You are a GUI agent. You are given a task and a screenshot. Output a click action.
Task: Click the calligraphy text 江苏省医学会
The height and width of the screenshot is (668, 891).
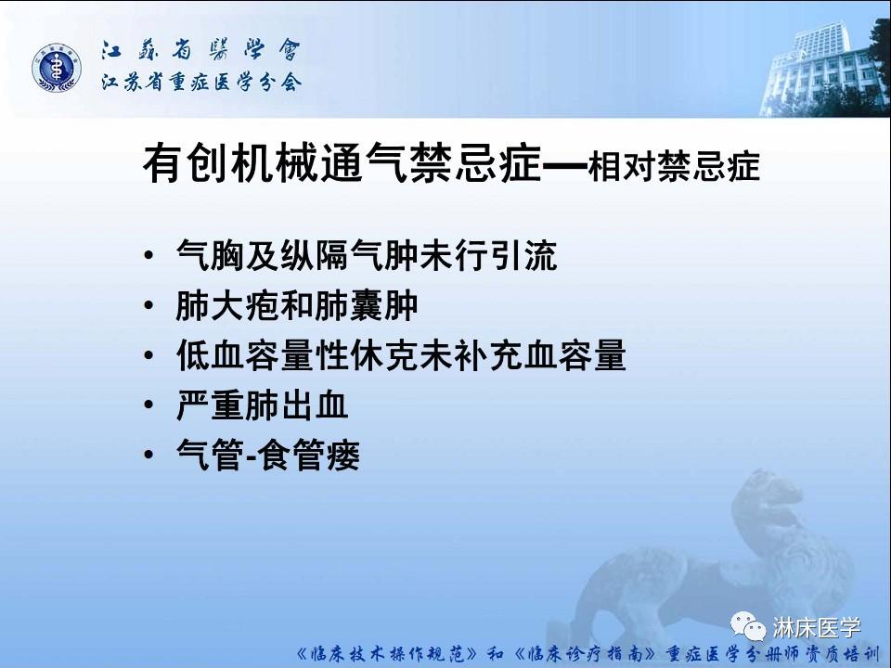click(x=200, y=50)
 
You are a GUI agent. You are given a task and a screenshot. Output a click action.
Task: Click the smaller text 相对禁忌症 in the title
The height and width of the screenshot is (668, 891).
click(x=674, y=167)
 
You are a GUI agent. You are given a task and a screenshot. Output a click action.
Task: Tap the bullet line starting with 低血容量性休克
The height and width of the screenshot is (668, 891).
click(x=400, y=355)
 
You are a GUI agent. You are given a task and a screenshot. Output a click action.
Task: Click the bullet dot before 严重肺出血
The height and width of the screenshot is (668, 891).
click(x=150, y=406)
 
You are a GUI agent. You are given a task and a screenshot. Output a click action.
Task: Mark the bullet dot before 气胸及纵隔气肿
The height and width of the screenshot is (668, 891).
click(x=150, y=256)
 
